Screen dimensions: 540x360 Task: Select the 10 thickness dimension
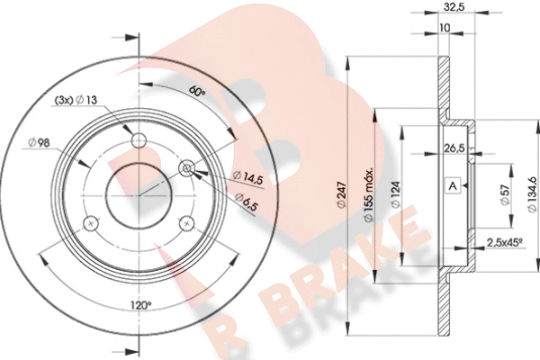tap(445, 28)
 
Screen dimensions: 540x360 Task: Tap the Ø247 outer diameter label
tap(341, 194)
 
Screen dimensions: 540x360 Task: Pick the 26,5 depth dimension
tap(454, 148)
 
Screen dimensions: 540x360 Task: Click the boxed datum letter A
tap(453, 186)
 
